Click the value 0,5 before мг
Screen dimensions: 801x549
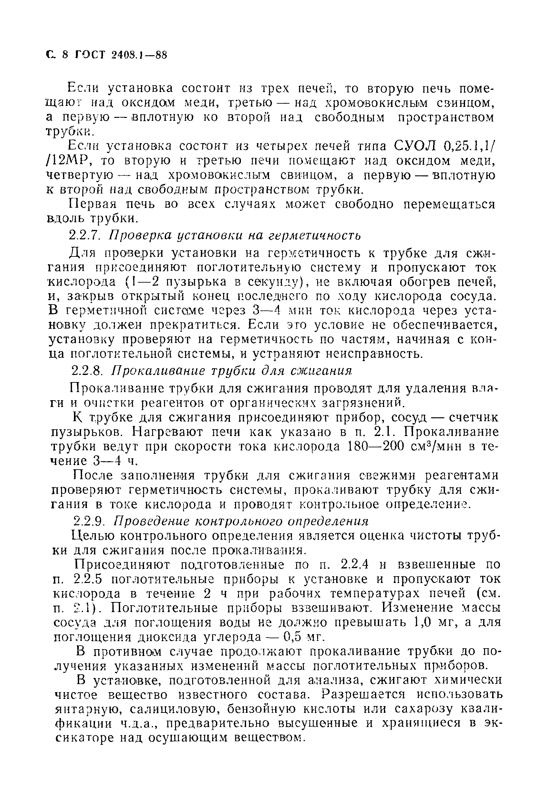tap(292, 637)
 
